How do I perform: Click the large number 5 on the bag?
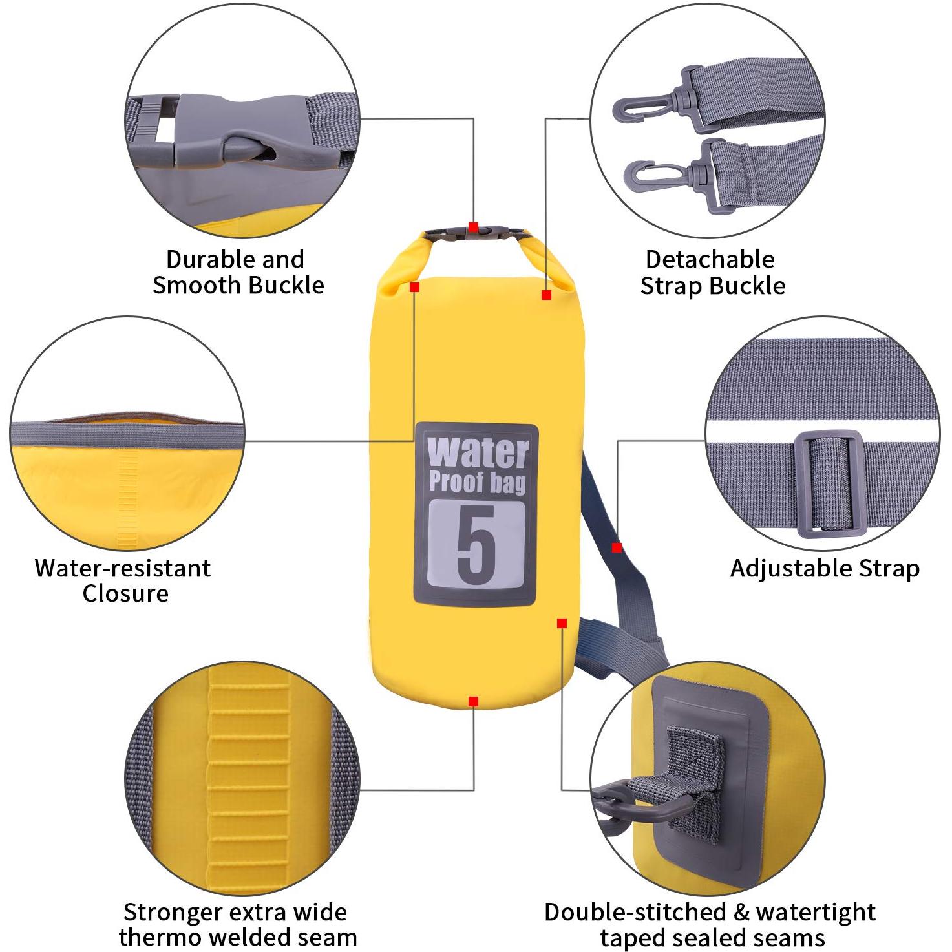click(475, 544)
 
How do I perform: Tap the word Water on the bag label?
click(478, 452)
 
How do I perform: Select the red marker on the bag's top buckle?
click(473, 227)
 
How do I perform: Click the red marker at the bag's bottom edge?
click(473, 701)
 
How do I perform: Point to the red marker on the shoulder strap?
click(617, 547)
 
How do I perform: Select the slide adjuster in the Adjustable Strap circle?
click(830, 484)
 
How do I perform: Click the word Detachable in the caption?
click(710, 259)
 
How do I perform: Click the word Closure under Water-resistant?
click(125, 593)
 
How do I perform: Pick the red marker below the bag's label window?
click(562, 624)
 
